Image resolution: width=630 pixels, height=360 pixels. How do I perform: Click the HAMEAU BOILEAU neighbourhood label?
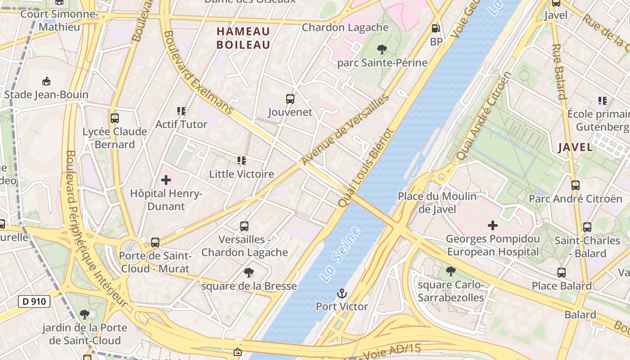point(243,38)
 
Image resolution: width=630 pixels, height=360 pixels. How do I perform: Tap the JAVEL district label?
point(575,147)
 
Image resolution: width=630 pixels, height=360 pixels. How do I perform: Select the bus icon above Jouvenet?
point(290,99)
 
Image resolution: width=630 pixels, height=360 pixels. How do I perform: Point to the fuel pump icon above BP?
point(436,28)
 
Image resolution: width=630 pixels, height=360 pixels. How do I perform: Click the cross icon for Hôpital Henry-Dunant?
point(166,180)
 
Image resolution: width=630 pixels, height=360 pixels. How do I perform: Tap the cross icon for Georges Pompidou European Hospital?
point(493,225)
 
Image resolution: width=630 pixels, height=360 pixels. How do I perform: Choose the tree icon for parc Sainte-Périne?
point(382,49)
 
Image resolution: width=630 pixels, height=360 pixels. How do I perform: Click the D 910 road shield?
point(34,301)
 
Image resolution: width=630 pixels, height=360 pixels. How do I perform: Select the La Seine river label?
point(341,255)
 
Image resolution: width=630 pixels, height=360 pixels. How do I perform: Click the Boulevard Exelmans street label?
point(198,72)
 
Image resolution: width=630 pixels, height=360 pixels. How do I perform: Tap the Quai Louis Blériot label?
point(365,168)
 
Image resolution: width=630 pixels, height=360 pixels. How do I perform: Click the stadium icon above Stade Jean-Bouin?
point(46,81)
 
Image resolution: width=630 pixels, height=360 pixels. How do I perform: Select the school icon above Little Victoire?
point(242,161)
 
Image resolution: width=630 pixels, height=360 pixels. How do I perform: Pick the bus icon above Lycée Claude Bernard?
point(115,118)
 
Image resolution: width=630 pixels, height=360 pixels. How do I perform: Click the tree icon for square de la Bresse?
point(248,273)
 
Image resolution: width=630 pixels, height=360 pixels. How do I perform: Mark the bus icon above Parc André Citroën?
point(575,185)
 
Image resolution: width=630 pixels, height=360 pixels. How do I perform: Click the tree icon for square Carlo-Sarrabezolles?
point(450,271)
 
